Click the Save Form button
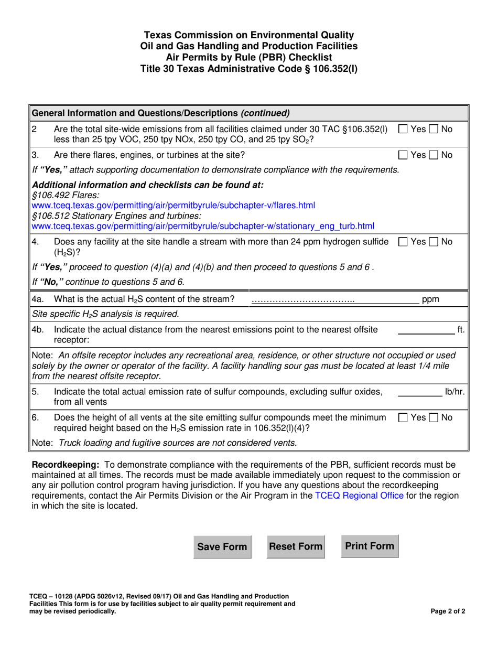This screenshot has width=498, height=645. coord(222,547)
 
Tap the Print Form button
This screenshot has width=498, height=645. coord(370,546)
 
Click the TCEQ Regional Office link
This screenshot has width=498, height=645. coord(359,496)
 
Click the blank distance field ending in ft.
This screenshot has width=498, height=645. coord(426,330)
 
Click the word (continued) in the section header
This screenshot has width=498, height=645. coord(265,113)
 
